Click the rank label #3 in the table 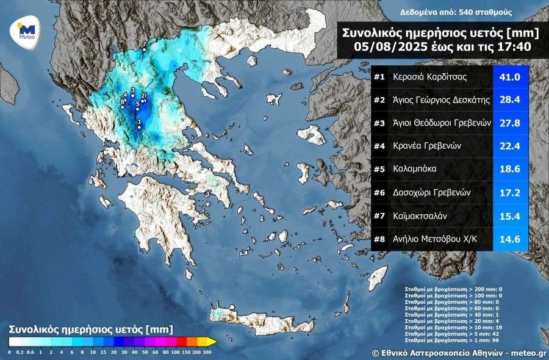(x=379, y=123)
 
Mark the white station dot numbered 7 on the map (x=144, y=50)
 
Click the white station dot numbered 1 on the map (x=139, y=127)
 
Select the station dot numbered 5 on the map (x=137, y=109)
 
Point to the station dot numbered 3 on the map (x=132, y=95)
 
